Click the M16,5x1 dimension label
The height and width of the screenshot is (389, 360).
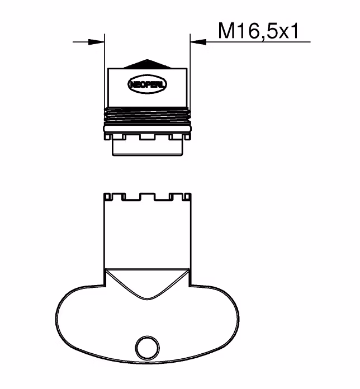point(258,31)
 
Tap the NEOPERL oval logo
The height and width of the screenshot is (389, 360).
point(148,84)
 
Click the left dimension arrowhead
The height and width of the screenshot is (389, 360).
point(96,42)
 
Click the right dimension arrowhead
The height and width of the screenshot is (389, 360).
point(198,42)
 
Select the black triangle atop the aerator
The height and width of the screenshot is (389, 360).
point(148,64)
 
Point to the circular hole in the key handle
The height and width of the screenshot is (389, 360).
point(148,347)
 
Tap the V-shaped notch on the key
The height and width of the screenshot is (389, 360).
point(148,284)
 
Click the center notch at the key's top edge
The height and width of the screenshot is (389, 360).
point(148,197)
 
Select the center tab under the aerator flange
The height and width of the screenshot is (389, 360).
point(148,137)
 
